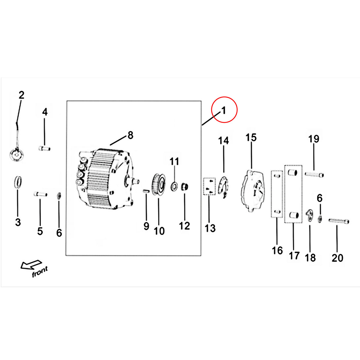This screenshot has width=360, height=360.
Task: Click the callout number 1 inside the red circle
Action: point(224,110)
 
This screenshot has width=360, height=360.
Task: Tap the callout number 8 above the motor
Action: point(130,135)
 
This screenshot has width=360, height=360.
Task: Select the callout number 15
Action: point(251,137)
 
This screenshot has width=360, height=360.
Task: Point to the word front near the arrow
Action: point(40,271)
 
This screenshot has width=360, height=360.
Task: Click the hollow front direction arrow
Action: point(31,265)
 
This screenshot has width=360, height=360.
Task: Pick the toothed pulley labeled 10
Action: point(159,185)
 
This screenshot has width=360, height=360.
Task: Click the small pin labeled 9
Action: point(146,191)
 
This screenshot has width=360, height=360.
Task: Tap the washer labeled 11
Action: point(174,186)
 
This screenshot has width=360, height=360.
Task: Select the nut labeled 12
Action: point(185,187)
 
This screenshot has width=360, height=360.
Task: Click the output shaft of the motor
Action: point(136,181)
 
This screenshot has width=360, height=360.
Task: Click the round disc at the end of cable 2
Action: point(17,156)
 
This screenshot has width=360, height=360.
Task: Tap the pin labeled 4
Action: point(45,149)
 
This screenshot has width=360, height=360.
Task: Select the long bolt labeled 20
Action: point(339,221)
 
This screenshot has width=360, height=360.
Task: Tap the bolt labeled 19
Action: point(314,175)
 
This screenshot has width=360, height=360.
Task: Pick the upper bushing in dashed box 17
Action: point(293,172)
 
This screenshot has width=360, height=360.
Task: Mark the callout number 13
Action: point(210,228)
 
